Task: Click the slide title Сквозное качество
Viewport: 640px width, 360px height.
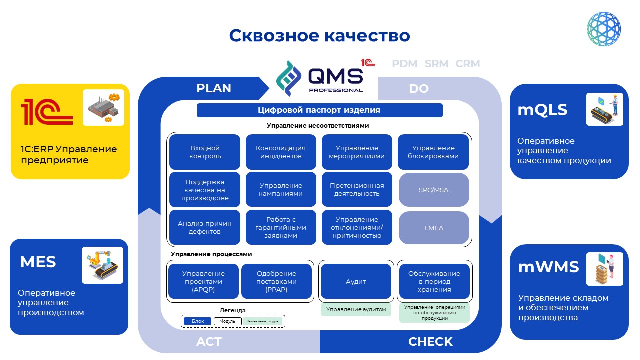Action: point(319,36)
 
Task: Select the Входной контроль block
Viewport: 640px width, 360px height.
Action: point(205,152)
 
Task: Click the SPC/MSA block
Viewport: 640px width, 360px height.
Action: point(434,190)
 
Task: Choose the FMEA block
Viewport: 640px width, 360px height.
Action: point(434,228)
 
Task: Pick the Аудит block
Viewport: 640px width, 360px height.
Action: point(356,281)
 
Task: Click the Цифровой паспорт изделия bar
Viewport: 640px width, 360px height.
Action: point(319,110)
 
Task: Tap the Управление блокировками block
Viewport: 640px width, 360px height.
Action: point(433,152)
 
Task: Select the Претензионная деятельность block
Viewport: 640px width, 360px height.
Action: point(357,190)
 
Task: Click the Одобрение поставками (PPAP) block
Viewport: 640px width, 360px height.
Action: point(276,281)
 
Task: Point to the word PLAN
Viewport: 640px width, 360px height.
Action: point(214,88)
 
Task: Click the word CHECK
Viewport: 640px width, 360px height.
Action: point(430,342)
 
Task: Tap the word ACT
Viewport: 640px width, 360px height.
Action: point(209,342)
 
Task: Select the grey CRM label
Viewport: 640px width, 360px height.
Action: point(468,64)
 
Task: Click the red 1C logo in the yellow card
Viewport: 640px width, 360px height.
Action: point(46,111)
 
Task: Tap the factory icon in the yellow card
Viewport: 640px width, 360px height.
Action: point(103,107)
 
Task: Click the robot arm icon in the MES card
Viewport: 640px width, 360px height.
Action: point(102,265)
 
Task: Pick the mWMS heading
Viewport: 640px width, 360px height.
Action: point(548,267)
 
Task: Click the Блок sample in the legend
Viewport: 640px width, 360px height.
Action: point(198,321)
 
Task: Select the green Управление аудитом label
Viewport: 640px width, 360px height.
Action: point(356,310)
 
